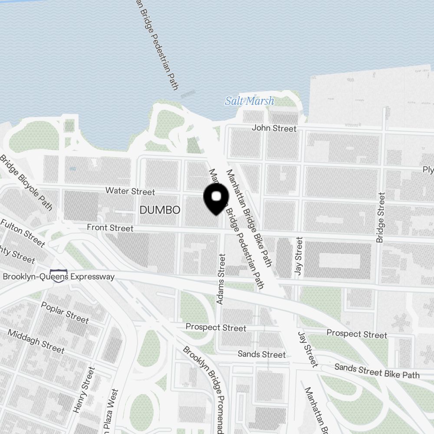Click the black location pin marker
pos(216,198)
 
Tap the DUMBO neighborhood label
pos(160,210)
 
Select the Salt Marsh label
pos(250,102)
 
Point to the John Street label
pos(274,128)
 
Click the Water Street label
pos(130,191)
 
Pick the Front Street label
pos(110,228)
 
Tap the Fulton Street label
pos(23,233)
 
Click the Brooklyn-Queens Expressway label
pos(59,276)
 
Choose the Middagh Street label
pos(36,341)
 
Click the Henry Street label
pos(84,390)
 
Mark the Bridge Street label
pos(381,217)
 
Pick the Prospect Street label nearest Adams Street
pos(216,328)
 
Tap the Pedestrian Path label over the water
pos(157,46)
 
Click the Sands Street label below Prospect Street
pos(262,355)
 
